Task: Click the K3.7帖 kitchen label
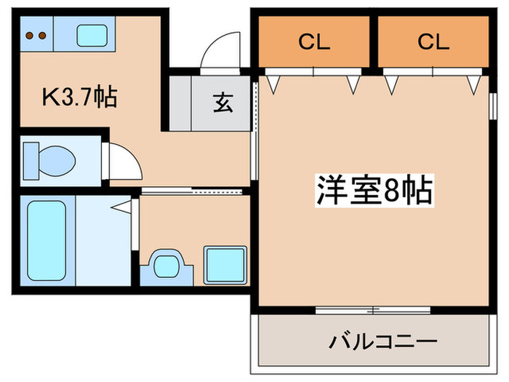tap(80, 97)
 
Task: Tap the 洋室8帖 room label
tap(374, 191)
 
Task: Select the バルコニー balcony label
tap(383, 341)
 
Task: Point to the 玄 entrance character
tap(223, 103)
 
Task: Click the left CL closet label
tap(313, 43)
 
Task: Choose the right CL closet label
tap(434, 43)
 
